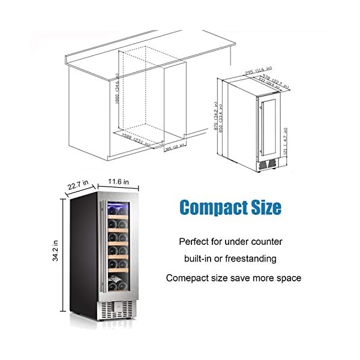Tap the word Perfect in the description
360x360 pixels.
tap(194, 242)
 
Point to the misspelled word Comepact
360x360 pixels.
tap(193, 278)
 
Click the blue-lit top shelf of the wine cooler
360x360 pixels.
tap(118, 210)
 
